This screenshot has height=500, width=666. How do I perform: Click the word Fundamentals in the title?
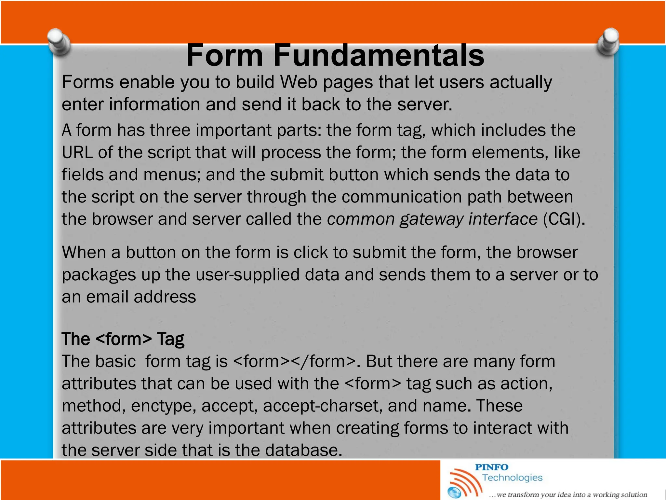(x=379, y=55)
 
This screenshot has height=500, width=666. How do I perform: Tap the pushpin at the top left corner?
(x=59, y=42)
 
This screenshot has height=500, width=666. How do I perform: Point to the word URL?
(x=77, y=152)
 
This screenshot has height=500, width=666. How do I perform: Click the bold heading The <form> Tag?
(x=123, y=339)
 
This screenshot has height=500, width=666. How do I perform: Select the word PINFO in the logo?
(x=491, y=467)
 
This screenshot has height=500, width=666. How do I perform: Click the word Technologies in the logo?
(x=512, y=478)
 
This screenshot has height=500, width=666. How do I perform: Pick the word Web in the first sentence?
(x=299, y=82)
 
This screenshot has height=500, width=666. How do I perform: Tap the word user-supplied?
(x=250, y=275)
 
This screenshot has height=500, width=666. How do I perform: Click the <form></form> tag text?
(x=295, y=361)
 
